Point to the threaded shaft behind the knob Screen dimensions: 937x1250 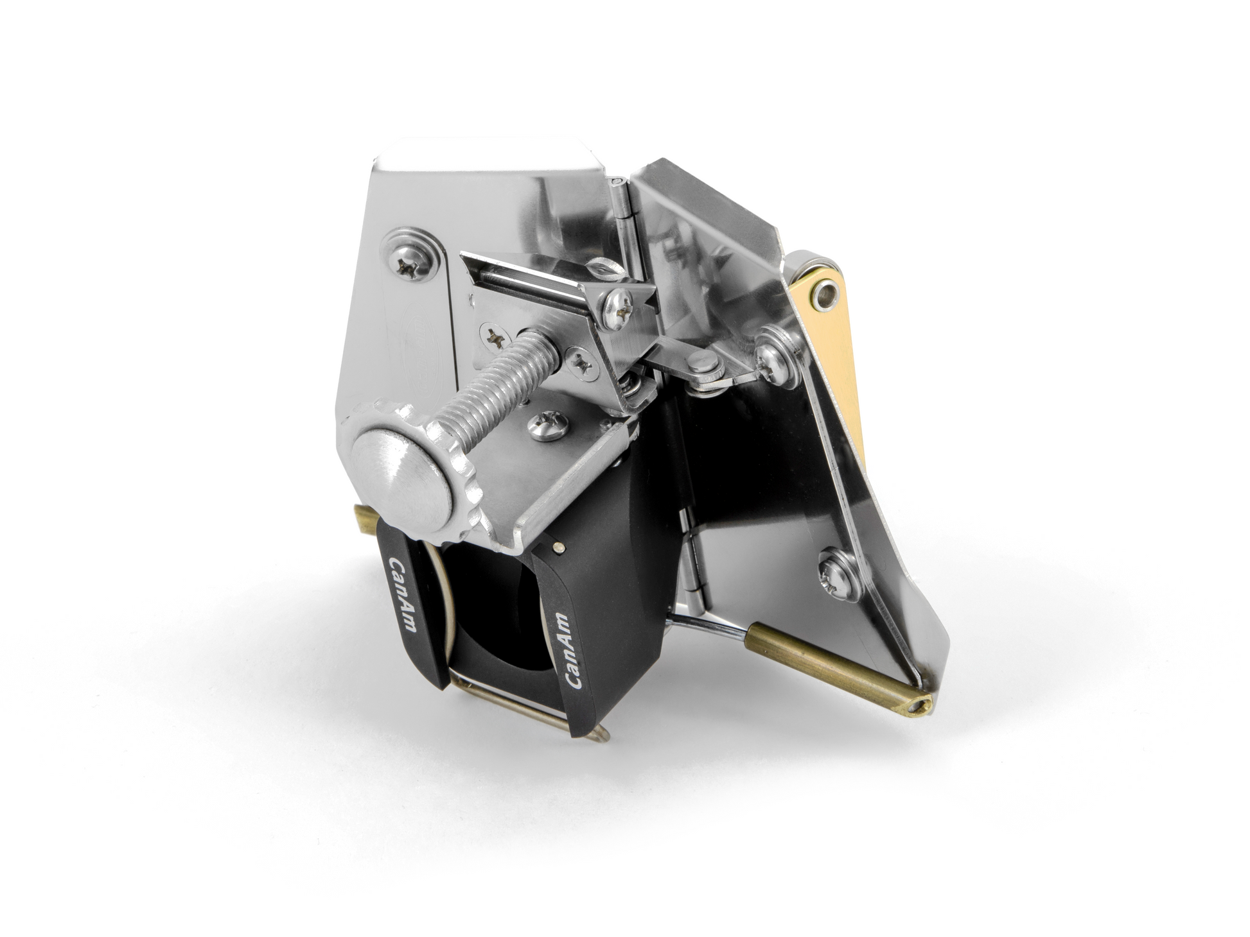pyautogui.click(x=500, y=385)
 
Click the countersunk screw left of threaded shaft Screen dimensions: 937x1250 pyautogui.click(x=495, y=336)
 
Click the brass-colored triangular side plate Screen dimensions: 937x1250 pyautogui.click(x=829, y=334)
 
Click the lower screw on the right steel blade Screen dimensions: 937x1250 pyautogui.click(x=836, y=573)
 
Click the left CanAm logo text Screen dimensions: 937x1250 pyautogui.click(x=403, y=594)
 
